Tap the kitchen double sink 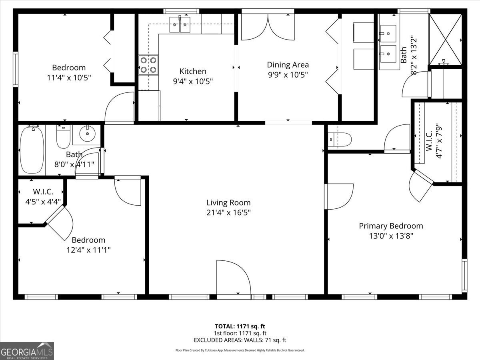(x=180, y=24)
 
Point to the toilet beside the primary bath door (x=341, y=140)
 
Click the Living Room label (x=228, y=203)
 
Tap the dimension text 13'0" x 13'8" (x=391, y=236)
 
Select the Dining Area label (x=288, y=64)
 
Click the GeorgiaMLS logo (x=27, y=351)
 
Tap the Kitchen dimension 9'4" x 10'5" (x=193, y=81)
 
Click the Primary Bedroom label (x=391, y=226)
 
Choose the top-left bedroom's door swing (x=119, y=107)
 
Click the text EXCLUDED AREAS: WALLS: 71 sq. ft (x=240, y=340)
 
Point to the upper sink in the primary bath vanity (x=388, y=31)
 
